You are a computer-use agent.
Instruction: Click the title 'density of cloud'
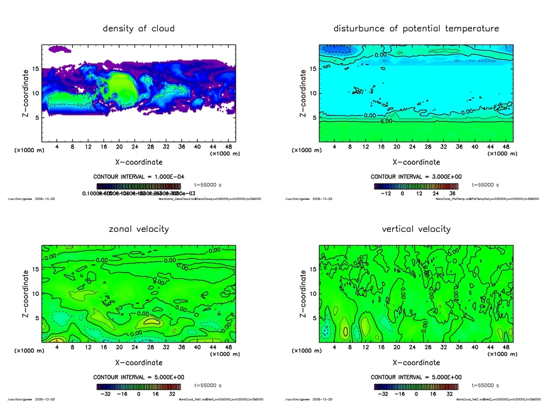(139, 28)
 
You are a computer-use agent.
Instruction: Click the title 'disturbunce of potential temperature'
(416, 28)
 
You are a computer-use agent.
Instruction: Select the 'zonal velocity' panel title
(139, 229)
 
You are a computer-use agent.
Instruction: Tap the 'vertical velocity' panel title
(416, 229)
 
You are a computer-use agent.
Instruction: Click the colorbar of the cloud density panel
(139, 186)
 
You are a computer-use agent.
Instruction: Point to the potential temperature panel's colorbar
(416, 186)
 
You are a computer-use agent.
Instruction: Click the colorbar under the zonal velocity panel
(139, 386)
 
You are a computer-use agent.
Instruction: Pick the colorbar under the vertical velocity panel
(416, 386)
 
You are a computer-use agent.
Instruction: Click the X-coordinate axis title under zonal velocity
(139, 363)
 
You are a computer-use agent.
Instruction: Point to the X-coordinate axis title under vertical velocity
(416, 363)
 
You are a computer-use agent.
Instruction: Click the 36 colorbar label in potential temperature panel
(453, 193)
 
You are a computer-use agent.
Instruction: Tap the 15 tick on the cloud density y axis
(35, 69)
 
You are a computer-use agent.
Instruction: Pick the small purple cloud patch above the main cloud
(59, 49)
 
